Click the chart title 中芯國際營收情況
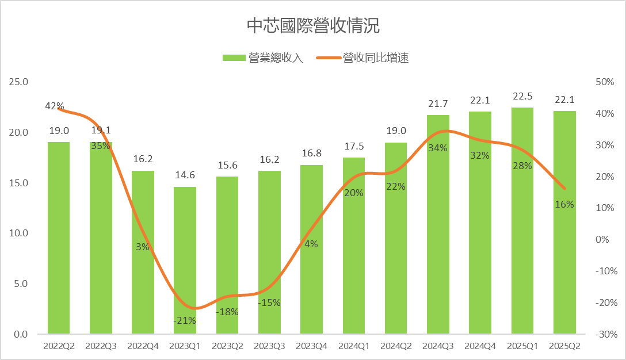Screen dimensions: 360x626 [312, 26]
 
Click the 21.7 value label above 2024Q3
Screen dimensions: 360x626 [438, 104]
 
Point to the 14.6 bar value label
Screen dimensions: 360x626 [185, 175]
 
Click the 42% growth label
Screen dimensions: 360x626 [55, 106]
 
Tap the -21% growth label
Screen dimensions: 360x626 [185, 320]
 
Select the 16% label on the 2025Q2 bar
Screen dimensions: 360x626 [564, 204]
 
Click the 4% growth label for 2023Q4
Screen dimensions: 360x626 [311, 244]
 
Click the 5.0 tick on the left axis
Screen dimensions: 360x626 [21, 284]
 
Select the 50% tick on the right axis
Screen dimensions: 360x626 [604, 82]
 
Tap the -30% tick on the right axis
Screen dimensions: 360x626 [604, 334]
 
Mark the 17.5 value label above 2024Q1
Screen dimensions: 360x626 [353, 146]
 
